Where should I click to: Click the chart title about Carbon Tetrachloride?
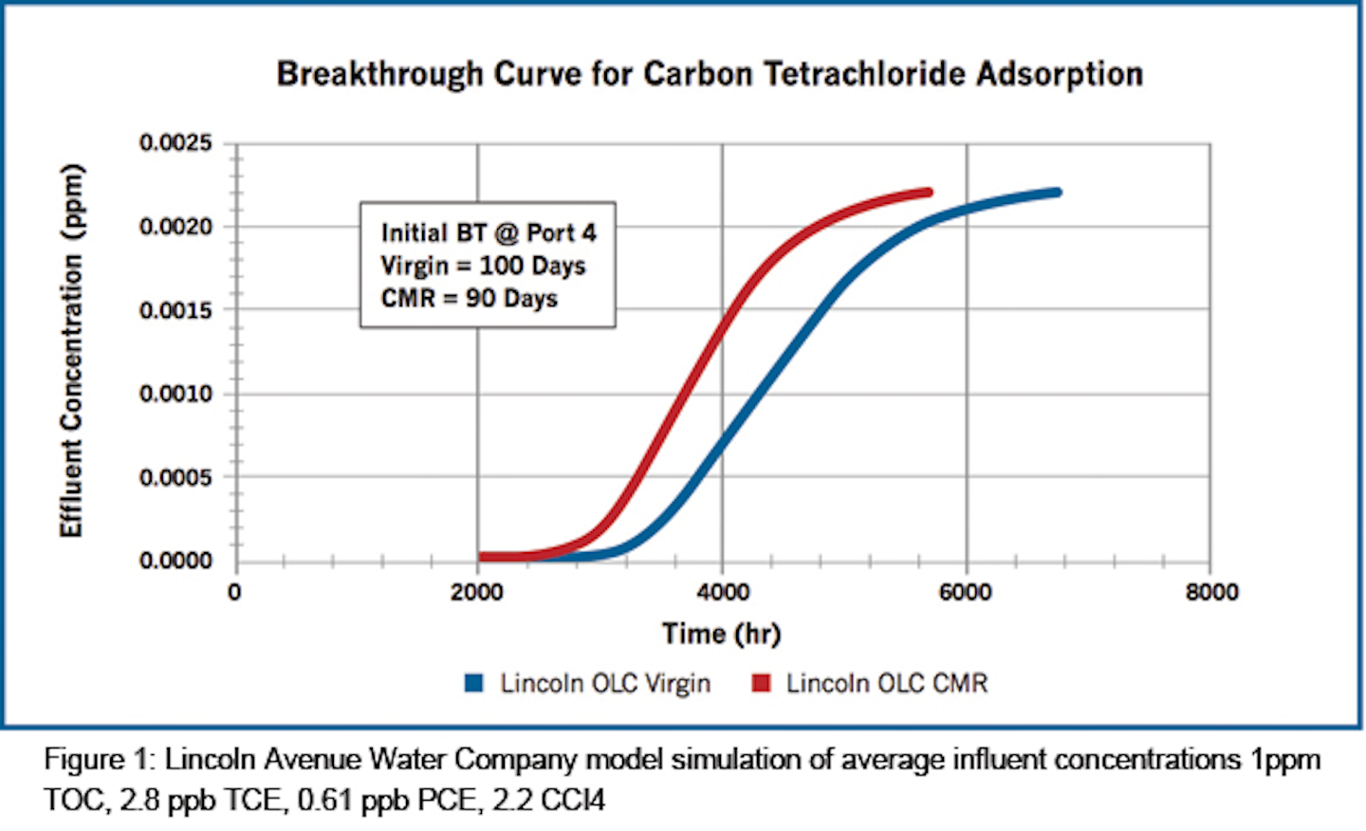pos(710,74)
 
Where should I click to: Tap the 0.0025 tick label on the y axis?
pos(175,143)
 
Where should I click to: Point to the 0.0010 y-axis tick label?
pos(175,394)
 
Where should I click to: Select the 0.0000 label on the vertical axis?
pos(175,561)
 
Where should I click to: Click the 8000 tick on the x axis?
pos(1211,592)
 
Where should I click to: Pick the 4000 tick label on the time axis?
pos(723,592)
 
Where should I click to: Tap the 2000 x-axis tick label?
pos(477,592)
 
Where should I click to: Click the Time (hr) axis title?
pos(722,633)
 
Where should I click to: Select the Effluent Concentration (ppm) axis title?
pos(72,351)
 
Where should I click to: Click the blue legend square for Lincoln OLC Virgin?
pos(474,683)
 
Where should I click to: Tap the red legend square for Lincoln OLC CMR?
pos(761,683)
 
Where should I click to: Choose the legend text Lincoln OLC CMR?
pos(887,683)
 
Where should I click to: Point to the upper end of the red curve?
pos(928,193)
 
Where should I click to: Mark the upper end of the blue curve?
pos(1057,193)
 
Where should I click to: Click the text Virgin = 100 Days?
pos(483,266)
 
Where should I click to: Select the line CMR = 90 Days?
pos(469,298)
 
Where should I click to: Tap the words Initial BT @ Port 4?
pos(489,232)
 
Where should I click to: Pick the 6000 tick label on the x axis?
pos(966,592)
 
